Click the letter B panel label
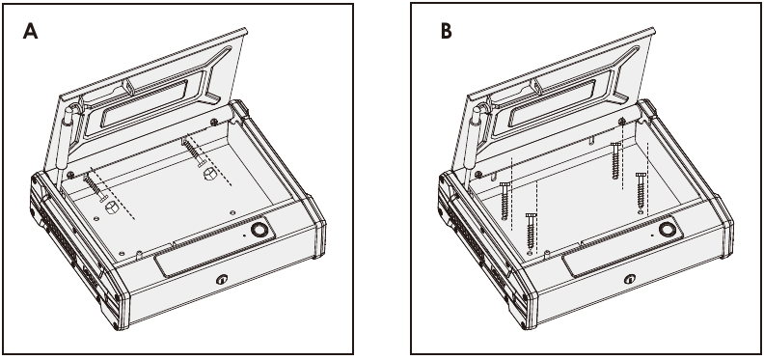click(x=446, y=32)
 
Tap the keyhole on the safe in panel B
click(x=633, y=281)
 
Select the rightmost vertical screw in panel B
click(x=640, y=189)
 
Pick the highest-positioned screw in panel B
click(x=614, y=160)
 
